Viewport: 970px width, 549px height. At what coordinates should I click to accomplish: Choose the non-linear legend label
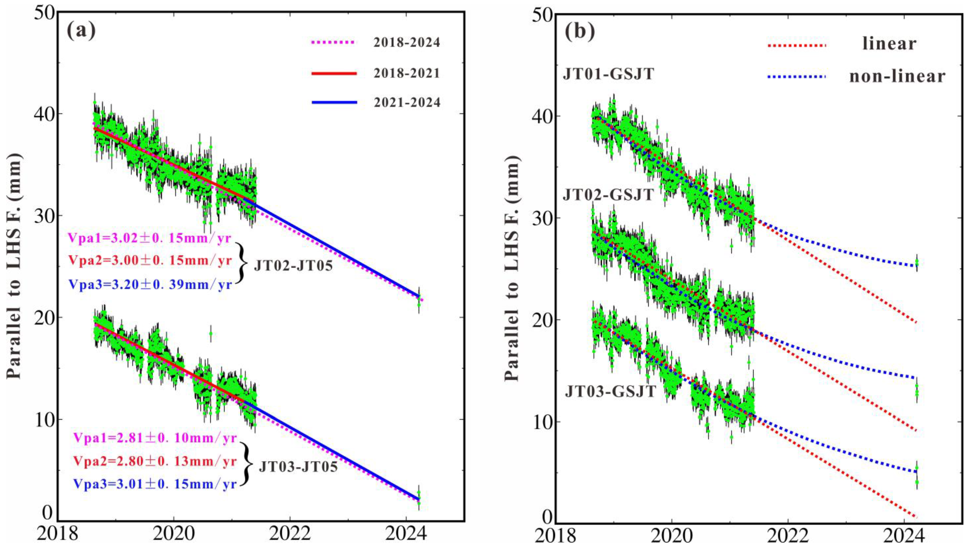897,77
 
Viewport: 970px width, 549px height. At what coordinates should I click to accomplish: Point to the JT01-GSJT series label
608,74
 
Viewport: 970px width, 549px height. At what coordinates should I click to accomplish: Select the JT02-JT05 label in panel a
293,266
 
